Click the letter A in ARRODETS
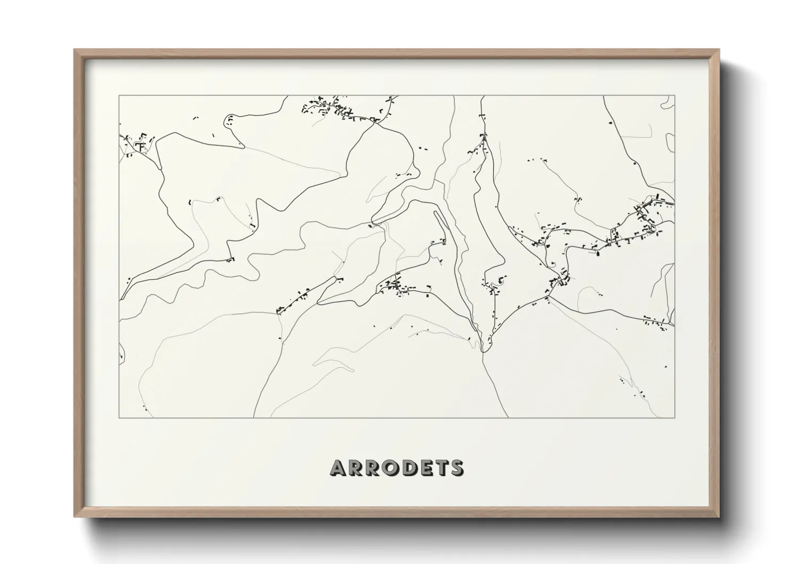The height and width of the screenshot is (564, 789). point(339,468)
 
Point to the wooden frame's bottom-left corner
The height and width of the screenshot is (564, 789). point(75,517)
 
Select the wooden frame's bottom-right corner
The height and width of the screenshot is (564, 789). point(719,517)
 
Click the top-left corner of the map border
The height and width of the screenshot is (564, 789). point(119,96)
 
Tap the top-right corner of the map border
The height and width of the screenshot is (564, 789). point(675,96)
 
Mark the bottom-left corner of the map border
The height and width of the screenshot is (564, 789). point(119,418)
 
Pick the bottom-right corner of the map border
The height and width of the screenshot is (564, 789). point(675,418)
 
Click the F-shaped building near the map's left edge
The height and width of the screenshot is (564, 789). point(141,145)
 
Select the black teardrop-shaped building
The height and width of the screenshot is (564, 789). point(597,253)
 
